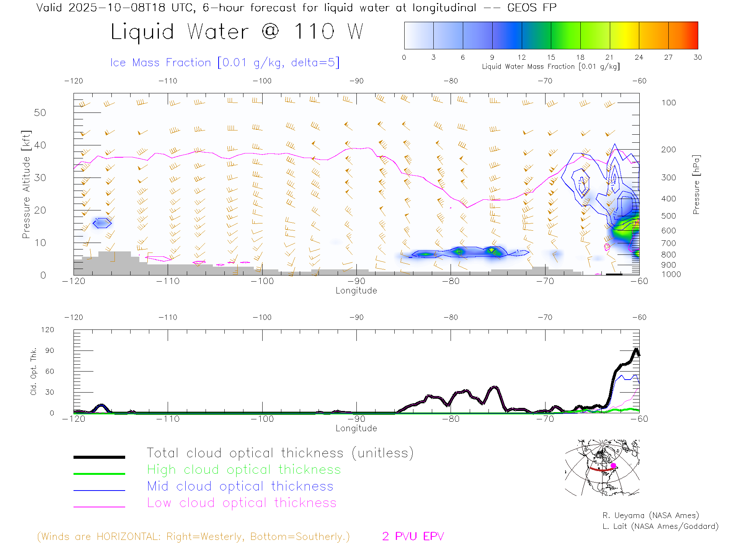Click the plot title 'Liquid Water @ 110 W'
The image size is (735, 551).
pos(237,32)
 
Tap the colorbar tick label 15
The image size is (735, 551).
pos(551,57)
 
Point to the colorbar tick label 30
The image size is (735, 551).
pos(697,57)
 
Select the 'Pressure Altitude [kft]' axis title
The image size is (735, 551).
pos(26,184)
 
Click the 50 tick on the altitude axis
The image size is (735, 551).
pos(40,112)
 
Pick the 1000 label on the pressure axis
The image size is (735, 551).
pos(671,274)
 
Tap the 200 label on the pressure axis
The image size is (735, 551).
pos(668,150)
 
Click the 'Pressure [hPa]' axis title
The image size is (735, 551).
pos(696,184)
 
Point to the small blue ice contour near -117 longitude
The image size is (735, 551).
pos(102,223)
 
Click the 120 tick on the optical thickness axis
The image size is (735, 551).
pos(47,330)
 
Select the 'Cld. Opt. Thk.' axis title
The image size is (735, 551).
pos(34,371)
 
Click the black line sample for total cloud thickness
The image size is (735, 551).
pos(99,457)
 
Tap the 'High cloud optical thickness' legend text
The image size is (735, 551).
pos(244,469)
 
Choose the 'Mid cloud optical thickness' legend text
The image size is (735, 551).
pos(240,486)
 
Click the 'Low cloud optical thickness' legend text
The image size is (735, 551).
pos(242,503)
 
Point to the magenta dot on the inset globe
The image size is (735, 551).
pos(613,466)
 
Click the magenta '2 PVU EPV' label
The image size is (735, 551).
pos(413,536)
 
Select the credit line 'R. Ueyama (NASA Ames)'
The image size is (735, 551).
pos(650,515)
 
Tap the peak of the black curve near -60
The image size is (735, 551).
pos(636,349)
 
